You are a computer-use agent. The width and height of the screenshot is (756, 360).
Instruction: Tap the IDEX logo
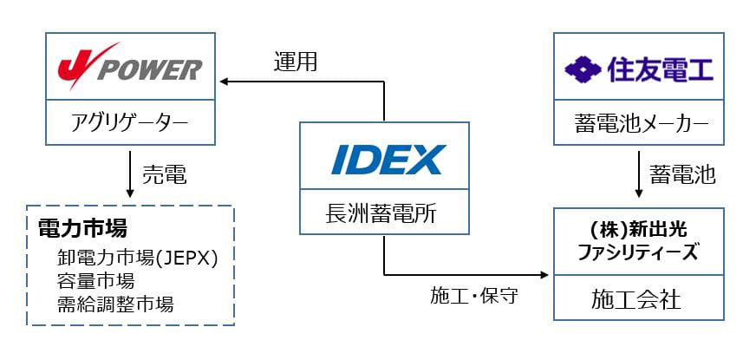pyautogui.click(x=383, y=160)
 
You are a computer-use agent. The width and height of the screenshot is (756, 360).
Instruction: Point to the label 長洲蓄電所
pyautogui.click(x=383, y=211)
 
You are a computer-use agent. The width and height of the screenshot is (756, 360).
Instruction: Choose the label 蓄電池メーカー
pyautogui.click(x=639, y=125)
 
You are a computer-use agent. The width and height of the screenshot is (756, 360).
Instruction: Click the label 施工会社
pyautogui.click(x=639, y=300)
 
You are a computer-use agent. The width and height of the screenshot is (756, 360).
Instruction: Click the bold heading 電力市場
pyautogui.click(x=83, y=228)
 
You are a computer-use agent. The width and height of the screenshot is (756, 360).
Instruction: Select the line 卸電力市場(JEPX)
pyautogui.click(x=137, y=258)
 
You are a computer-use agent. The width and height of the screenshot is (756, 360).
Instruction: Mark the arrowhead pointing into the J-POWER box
pyautogui.click(x=225, y=82)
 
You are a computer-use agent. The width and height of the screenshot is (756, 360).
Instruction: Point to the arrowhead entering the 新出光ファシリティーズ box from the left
pyautogui.click(x=544, y=275)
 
